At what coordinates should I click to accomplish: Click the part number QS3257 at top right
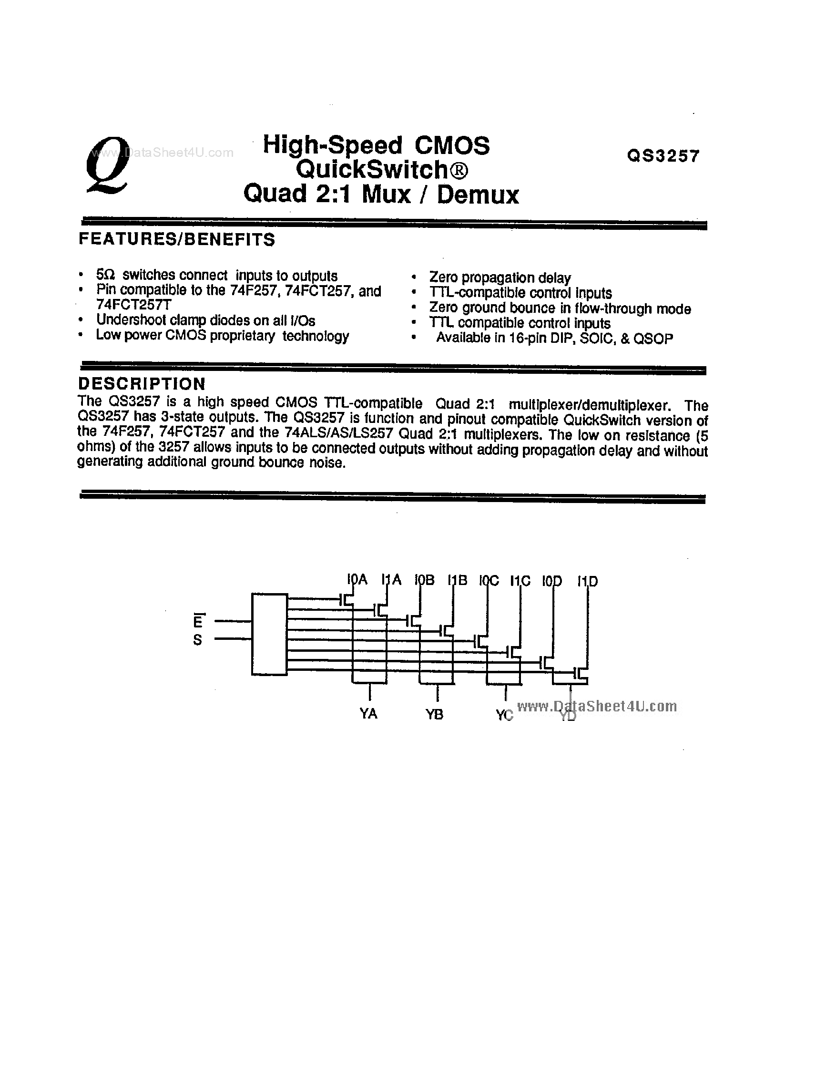pyautogui.click(x=663, y=156)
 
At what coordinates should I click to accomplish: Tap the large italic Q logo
pyautogui.click(x=107, y=165)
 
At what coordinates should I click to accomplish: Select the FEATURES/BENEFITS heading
pyautogui.click(x=177, y=240)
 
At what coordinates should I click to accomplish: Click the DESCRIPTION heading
pyautogui.click(x=142, y=383)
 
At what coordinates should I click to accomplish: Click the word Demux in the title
pyautogui.click(x=478, y=195)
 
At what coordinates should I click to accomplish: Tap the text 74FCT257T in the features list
pyautogui.click(x=133, y=305)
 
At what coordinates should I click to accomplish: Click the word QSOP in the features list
pyautogui.click(x=653, y=339)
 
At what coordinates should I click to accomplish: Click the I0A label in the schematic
pyautogui.click(x=357, y=580)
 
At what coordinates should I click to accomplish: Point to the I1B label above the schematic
pyautogui.click(x=458, y=580)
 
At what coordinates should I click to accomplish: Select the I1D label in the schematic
pyautogui.click(x=588, y=581)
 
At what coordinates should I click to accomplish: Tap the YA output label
pyautogui.click(x=368, y=714)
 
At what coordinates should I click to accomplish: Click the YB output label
pyautogui.click(x=434, y=714)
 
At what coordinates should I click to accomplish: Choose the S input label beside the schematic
pyautogui.click(x=197, y=640)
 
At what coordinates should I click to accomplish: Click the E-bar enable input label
pyautogui.click(x=197, y=621)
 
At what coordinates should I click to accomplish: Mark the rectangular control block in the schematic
pyautogui.click(x=269, y=634)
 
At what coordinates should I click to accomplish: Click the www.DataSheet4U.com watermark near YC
pyautogui.click(x=597, y=706)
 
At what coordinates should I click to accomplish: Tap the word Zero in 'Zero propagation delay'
pyautogui.click(x=444, y=277)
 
